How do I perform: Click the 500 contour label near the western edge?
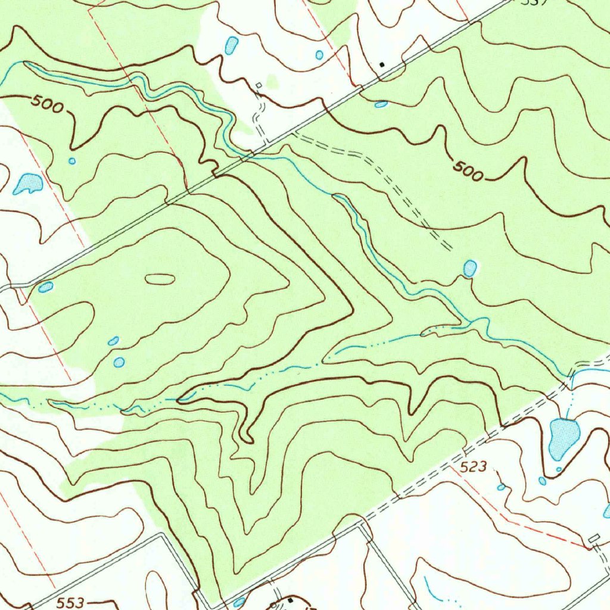(48, 104)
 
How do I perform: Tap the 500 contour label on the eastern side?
(468, 171)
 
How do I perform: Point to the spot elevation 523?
(474, 468)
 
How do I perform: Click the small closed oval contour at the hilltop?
(160, 278)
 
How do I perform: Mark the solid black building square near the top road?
(382, 63)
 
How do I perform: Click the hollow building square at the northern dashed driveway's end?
(259, 86)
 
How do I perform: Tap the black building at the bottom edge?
(290, 600)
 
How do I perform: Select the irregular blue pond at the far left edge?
(27, 184)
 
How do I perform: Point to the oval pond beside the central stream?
(470, 268)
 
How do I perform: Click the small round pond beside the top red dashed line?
(319, 55)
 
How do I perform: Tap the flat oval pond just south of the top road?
(381, 104)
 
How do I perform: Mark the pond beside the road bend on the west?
(45, 287)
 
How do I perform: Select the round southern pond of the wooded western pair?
(119, 362)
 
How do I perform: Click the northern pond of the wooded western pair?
(113, 341)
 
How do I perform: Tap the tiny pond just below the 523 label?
(501, 487)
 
